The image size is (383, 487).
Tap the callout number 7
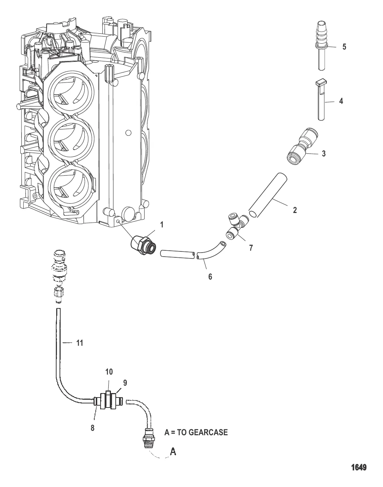click(x=251, y=248)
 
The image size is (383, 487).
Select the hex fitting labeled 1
click(x=143, y=243)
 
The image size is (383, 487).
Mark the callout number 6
click(x=210, y=276)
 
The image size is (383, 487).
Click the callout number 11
click(x=79, y=343)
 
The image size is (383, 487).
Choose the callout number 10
click(x=109, y=372)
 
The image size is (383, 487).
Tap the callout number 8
click(x=92, y=427)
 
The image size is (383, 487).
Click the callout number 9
click(x=125, y=383)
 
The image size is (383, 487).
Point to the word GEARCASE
click(x=208, y=432)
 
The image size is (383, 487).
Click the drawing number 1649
click(x=358, y=467)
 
